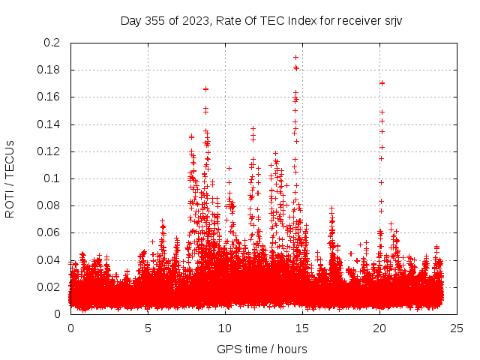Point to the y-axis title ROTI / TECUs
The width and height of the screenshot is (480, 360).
(10, 178)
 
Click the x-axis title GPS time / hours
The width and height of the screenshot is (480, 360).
(262, 349)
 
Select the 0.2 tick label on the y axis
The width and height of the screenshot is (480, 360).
(52, 43)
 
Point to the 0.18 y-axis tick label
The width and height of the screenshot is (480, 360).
(49, 70)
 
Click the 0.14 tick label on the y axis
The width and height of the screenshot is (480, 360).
(49, 124)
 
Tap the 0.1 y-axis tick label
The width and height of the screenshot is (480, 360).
(52, 178)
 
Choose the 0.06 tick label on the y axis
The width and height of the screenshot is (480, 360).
(49, 232)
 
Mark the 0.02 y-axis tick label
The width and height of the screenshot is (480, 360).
(49, 287)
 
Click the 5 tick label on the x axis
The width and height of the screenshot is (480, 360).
(148, 328)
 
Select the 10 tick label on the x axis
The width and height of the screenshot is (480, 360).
(225, 328)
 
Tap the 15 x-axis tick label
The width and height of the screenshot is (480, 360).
(302, 328)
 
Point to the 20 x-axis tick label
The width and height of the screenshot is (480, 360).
(379, 328)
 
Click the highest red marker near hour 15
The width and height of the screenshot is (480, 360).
(296, 57)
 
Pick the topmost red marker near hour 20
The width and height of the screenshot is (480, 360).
(382, 83)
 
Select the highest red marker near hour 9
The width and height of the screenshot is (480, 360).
(205, 89)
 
